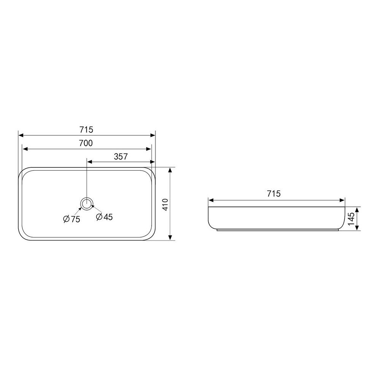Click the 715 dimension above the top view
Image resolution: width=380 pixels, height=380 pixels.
[x=86, y=130]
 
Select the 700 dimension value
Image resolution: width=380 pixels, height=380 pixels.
[x=86, y=143]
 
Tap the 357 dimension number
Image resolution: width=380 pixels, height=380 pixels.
[x=121, y=157]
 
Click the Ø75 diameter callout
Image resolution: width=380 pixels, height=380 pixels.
[x=71, y=219]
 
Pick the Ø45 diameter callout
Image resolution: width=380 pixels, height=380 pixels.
[x=104, y=217]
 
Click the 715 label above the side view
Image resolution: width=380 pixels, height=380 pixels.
[x=274, y=194]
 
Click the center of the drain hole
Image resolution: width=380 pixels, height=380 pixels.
[x=87, y=203]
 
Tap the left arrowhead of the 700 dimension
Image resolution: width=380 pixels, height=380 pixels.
[x=24, y=149]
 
